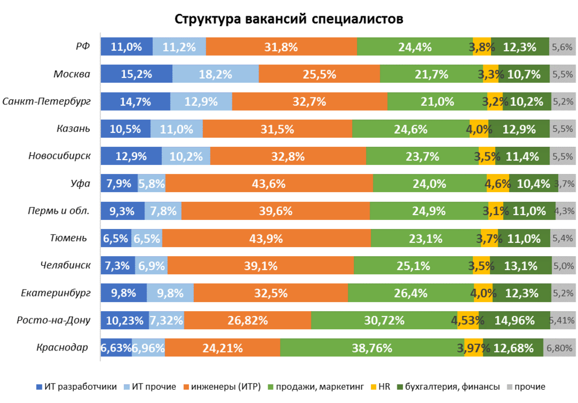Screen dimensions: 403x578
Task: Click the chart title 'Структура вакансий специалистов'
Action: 289,19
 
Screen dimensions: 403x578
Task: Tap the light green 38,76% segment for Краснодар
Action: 372,348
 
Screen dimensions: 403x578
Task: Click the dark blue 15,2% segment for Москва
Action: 136,74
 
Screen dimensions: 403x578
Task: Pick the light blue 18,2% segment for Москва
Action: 215,74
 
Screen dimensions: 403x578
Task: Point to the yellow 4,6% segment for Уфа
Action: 498,184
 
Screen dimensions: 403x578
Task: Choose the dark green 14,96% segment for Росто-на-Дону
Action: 515,320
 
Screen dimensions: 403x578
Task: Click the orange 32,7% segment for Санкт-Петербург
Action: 309,102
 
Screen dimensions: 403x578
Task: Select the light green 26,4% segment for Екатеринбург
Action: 410,293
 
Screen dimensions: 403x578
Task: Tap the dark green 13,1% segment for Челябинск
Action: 520,266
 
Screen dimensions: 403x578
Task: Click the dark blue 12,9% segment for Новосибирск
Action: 131,156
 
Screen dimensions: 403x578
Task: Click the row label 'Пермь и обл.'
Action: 59,211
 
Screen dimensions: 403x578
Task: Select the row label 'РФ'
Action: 82,47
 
